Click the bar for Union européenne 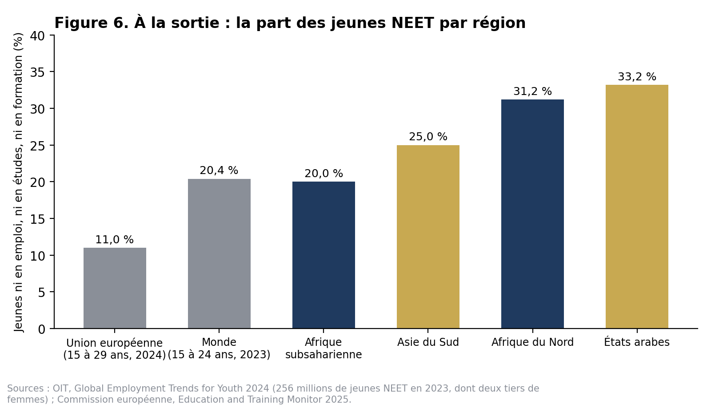[x=115, y=288]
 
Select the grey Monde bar [x=220, y=254]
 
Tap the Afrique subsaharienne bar [x=324, y=255]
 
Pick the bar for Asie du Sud [x=428, y=237]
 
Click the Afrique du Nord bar [x=533, y=214]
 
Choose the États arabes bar [x=637, y=207]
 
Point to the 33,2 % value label [x=637, y=77]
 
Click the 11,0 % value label [x=115, y=240]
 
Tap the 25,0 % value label [x=428, y=137]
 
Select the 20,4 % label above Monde [x=219, y=170]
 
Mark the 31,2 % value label [x=533, y=91]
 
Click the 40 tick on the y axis [x=38, y=36]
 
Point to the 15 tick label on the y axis [x=38, y=219]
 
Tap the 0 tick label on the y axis [x=42, y=329]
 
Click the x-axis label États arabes [x=637, y=342]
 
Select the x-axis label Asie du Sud [x=428, y=342]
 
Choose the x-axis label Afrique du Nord [x=533, y=342]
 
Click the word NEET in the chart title [x=413, y=23]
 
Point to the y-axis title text [x=18, y=182]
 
